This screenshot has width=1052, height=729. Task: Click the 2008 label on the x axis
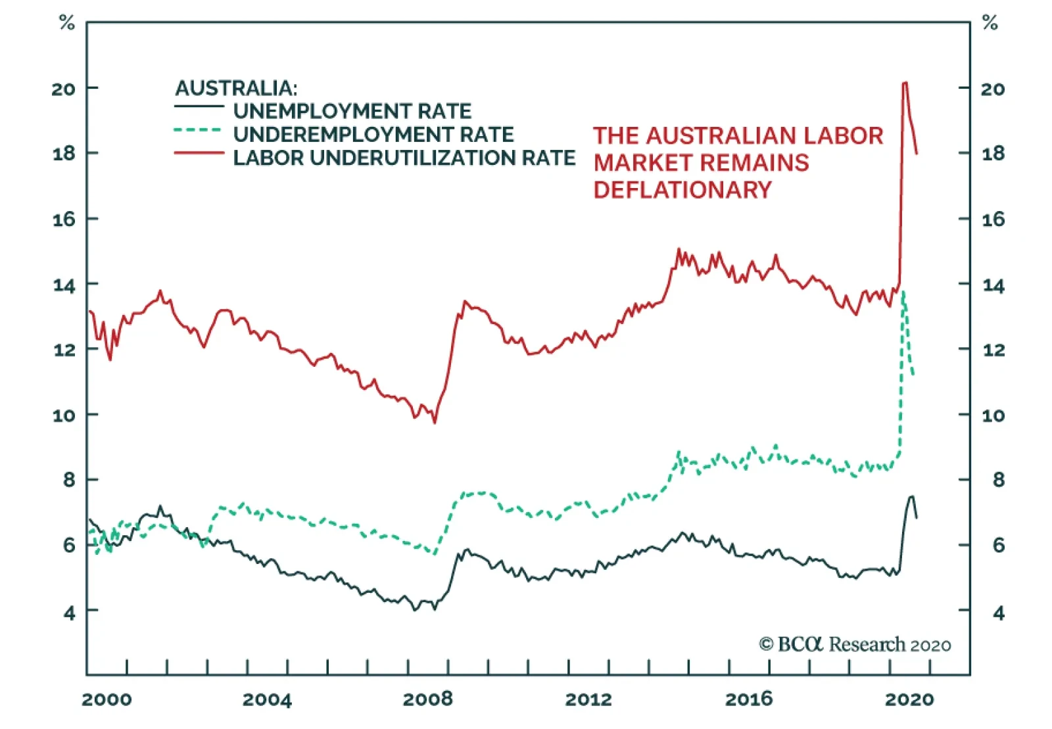coord(427,699)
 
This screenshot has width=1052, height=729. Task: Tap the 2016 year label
coord(749,699)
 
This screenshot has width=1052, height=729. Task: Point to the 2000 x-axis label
coord(107,699)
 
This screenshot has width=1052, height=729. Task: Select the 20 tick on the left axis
coord(64,89)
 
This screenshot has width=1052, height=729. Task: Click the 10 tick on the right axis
coord(993,415)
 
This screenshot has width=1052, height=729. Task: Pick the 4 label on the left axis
coord(70,613)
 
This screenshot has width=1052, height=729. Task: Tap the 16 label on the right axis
coord(993,220)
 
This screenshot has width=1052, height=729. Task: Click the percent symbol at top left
coord(67,24)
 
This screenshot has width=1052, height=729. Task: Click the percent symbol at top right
coord(990,24)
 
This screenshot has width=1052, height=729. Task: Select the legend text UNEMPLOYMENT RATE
coord(352,111)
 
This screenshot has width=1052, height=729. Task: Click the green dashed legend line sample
coord(198,130)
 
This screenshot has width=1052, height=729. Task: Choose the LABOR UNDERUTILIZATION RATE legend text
coord(404,158)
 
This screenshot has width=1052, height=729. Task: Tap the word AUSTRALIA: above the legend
coord(236,88)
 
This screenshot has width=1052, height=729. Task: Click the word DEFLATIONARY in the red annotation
coord(682,190)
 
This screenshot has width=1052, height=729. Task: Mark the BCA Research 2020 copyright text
coord(855,644)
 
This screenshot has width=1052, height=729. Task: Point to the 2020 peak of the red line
coord(905,83)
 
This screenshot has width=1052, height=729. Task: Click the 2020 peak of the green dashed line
coord(904,291)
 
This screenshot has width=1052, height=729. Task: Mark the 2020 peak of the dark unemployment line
coord(912,496)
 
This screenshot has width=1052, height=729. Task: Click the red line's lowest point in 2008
coord(435,423)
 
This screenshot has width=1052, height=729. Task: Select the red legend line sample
coord(199,154)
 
